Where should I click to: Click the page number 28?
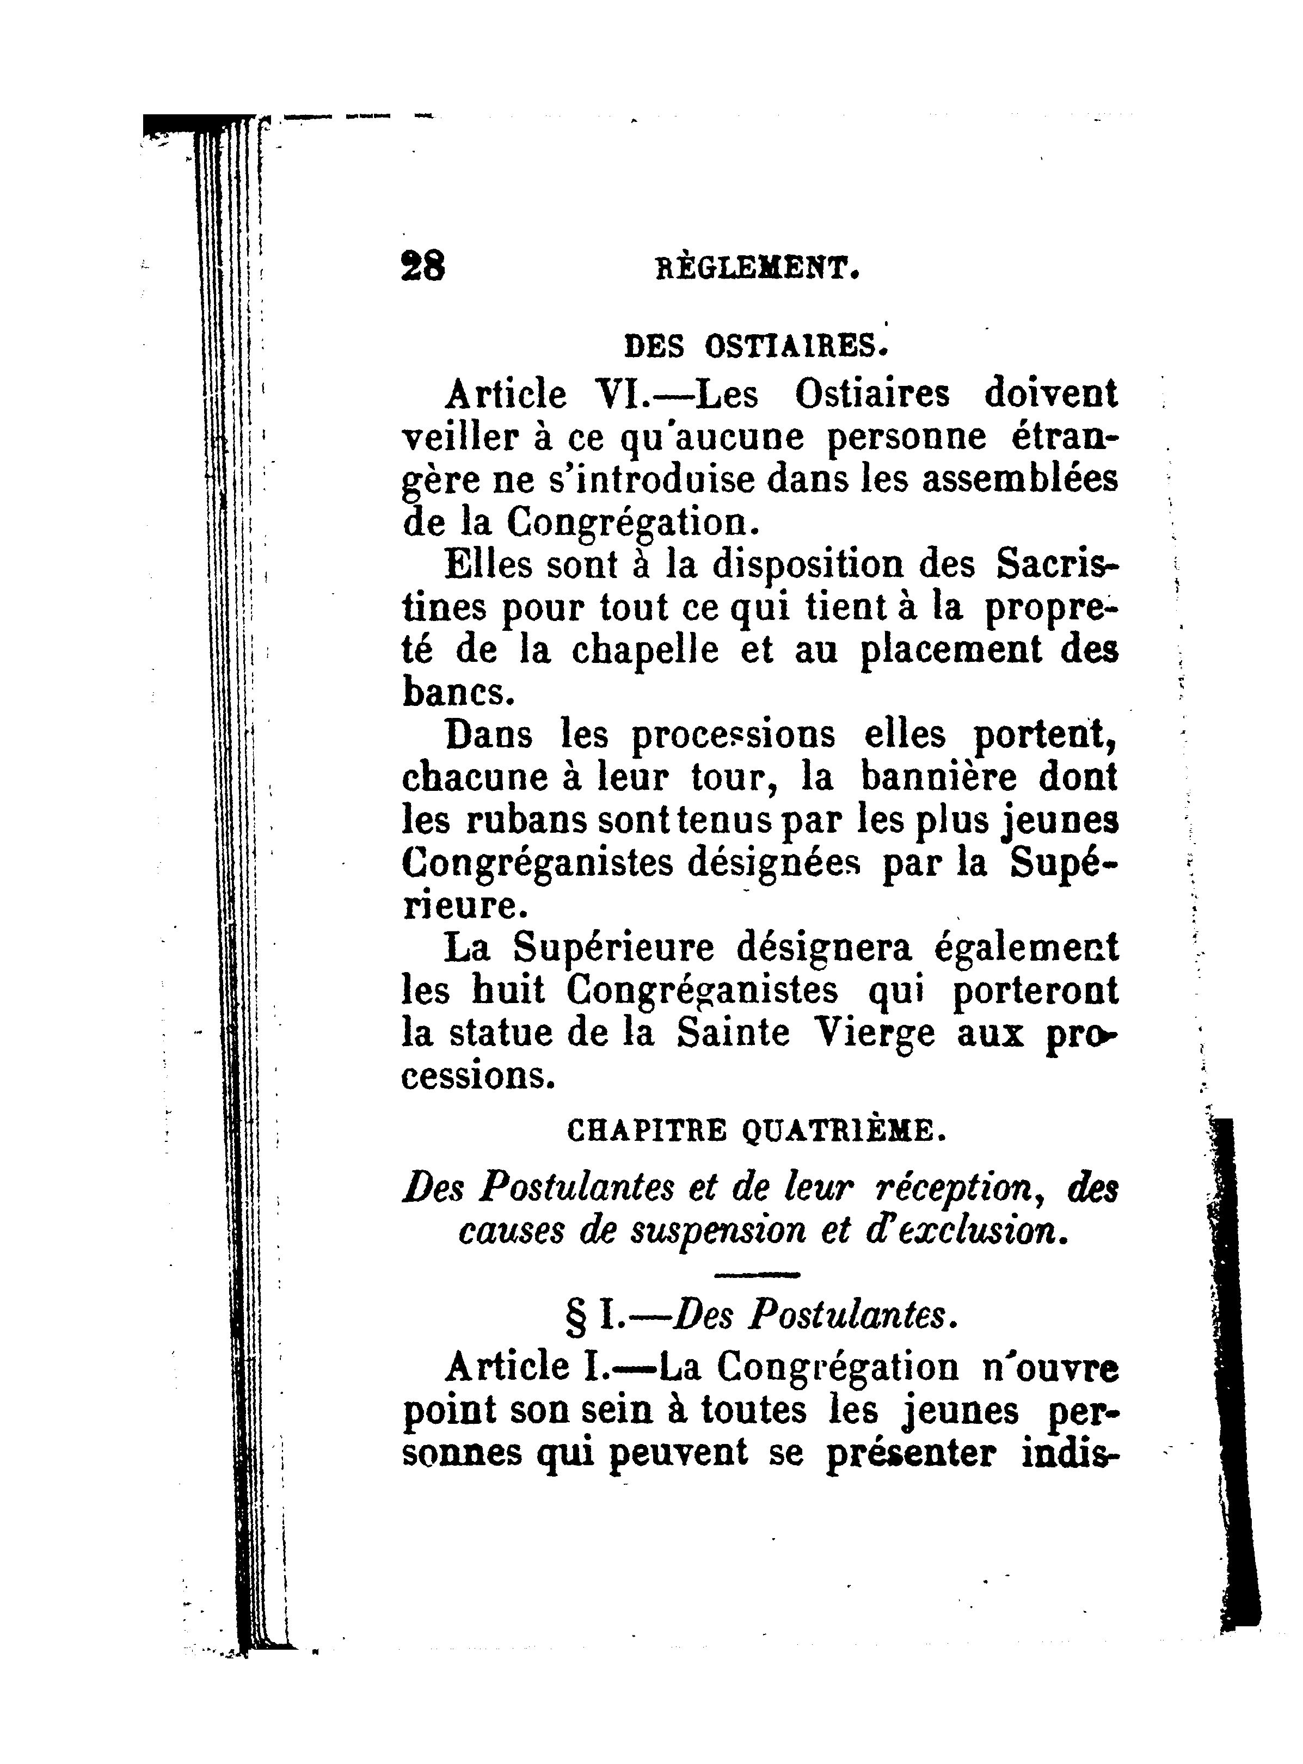tap(423, 267)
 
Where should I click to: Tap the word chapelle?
tap(644, 650)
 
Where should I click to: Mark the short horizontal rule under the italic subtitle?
tap(755, 1274)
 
